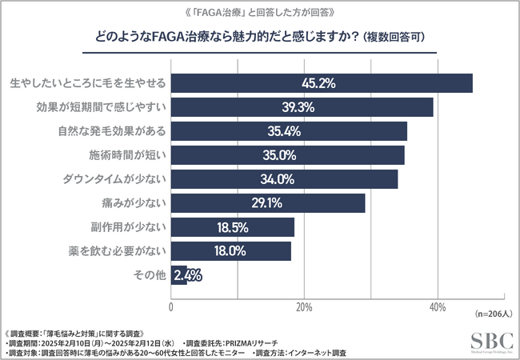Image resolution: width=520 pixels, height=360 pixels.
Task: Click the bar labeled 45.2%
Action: coord(322,83)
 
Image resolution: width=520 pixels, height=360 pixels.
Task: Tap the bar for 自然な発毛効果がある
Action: coord(289,131)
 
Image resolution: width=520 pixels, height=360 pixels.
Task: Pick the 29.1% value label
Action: coord(266,203)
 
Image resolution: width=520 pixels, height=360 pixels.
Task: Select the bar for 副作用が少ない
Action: coord(233,227)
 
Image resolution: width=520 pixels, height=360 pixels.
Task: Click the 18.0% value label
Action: coord(230,251)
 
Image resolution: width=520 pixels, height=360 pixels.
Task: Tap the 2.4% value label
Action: coord(192,275)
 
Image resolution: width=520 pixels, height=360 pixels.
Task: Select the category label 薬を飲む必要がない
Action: coord(119,251)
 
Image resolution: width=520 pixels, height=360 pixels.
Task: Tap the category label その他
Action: coord(150,275)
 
